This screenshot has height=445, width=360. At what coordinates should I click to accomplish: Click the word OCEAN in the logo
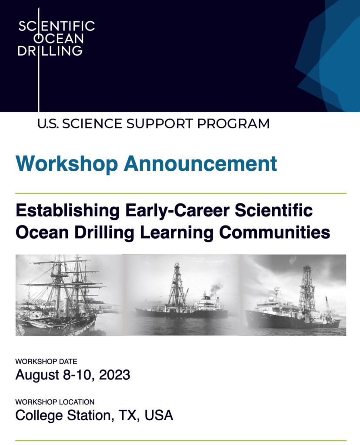(x=59, y=39)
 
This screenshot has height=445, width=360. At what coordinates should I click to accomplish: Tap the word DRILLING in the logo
(x=50, y=51)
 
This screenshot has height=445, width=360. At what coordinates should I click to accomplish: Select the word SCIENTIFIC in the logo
(x=57, y=26)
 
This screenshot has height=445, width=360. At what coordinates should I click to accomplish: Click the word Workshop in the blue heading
(x=67, y=164)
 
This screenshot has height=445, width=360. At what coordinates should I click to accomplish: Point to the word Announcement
(x=200, y=164)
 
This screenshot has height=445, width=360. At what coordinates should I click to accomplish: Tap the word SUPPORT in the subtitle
(x=160, y=124)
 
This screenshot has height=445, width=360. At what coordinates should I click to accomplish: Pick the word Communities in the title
(x=274, y=232)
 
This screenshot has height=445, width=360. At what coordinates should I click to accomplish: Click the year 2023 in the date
(x=114, y=375)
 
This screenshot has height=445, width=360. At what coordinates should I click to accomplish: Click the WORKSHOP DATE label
(x=46, y=362)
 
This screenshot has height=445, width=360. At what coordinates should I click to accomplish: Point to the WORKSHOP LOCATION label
(x=55, y=402)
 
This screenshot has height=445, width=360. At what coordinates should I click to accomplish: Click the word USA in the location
(x=159, y=415)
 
